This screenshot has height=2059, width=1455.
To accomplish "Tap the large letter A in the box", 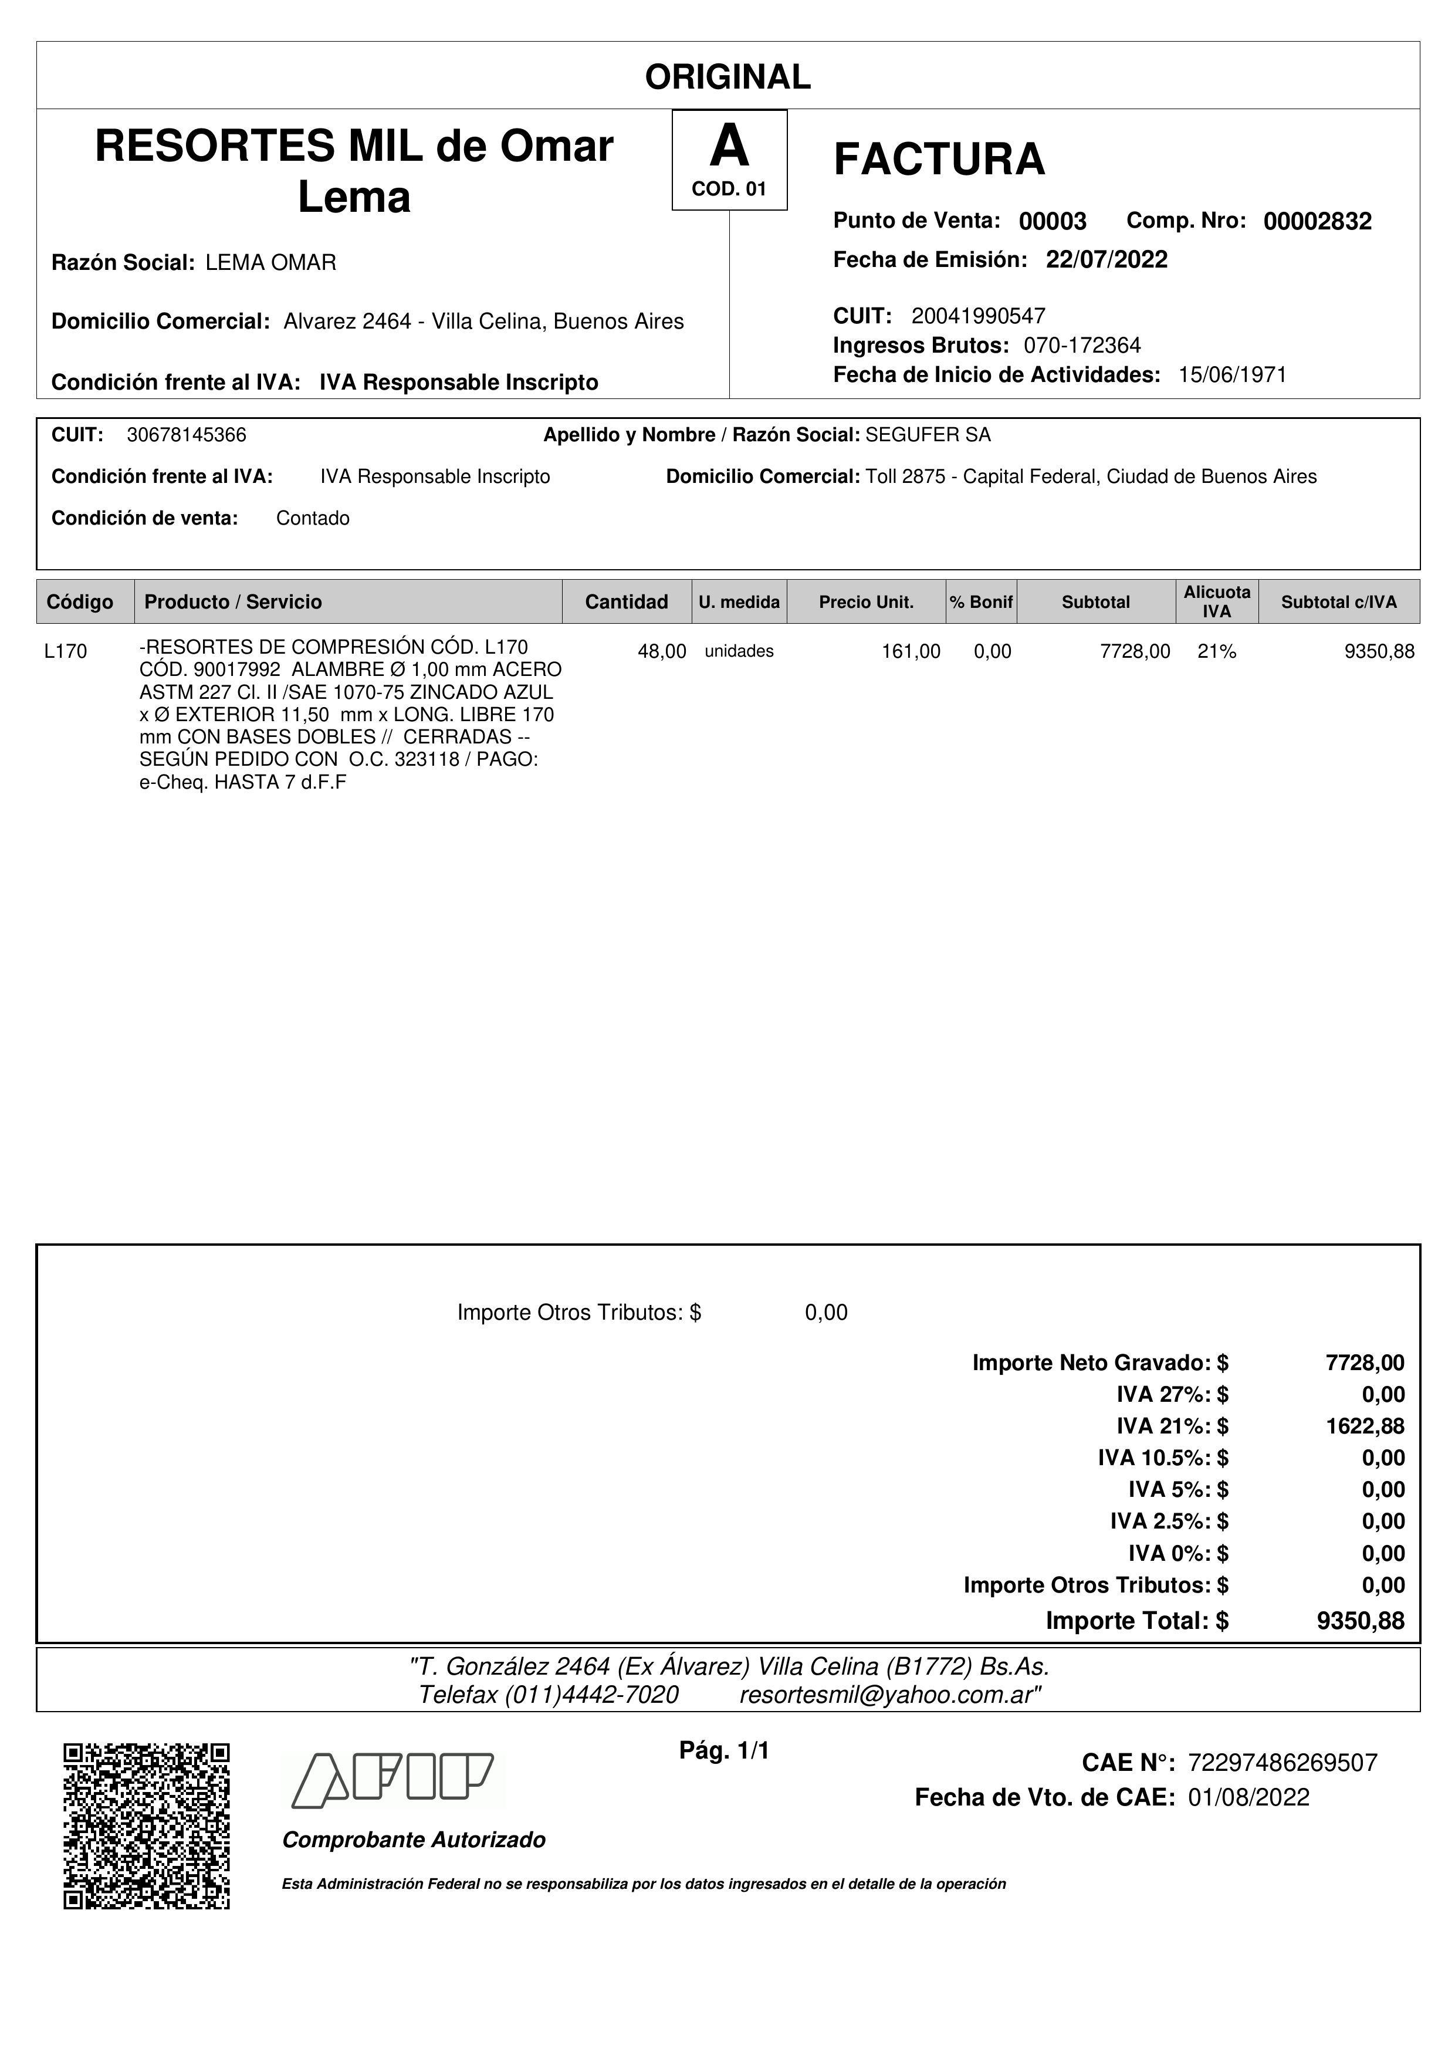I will (x=729, y=146).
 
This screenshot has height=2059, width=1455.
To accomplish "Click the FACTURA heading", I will (x=939, y=160).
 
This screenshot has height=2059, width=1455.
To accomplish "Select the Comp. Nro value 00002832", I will (x=1317, y=221).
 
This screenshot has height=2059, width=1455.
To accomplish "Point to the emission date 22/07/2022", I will (x=1107, y=260).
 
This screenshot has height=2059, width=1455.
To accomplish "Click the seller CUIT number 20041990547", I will (x=978, y=316).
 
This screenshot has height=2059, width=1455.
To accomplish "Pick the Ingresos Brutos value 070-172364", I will (x=1082, y=345).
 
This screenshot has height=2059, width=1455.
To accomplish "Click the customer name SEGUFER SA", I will (x=928, y=435).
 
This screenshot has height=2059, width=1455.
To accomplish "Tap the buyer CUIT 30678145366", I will (x=187, y=435).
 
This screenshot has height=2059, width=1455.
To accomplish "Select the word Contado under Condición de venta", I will (x=313, y=518).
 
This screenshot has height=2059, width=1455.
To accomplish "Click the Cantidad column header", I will (x=626, y=601).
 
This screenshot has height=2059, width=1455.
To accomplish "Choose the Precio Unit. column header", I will (x=866, y=601).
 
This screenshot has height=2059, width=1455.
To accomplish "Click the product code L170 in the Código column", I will (x=66, y=652).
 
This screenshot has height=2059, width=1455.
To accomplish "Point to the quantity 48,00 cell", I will (x=662, y=652).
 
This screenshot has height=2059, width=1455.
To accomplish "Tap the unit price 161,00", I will (x=911, y=652).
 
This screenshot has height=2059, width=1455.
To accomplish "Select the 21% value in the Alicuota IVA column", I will (x=1217, y=652).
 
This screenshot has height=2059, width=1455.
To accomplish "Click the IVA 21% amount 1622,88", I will (x=1365, y=1426).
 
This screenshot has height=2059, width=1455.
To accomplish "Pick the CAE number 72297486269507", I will (x=1282, y=1763).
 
